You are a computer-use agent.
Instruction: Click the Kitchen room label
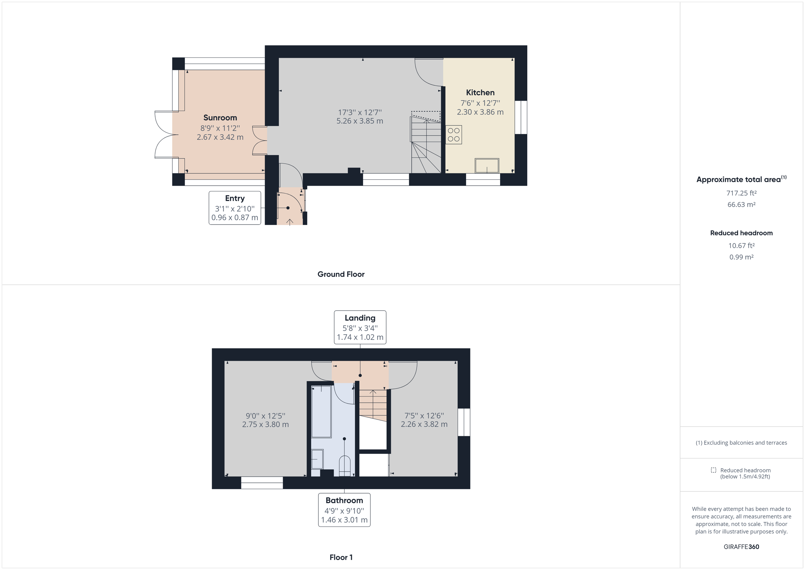tap(480, 93)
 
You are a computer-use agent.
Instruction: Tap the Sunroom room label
tap(220, 117)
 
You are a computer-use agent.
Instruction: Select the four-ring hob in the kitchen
tap(454, 135)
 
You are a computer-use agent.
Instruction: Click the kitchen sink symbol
tap(487, 166)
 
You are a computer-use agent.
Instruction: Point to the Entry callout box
tap(234, 208)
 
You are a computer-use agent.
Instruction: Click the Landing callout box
tap(360, 327)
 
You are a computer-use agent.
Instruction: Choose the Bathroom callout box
tap(344, 510)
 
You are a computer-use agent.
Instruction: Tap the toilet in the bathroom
tap(344, 466)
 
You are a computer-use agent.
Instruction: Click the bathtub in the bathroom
tap(321, 411)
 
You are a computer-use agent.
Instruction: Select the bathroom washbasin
tap(317, 459)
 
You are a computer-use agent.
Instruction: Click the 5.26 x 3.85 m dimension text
tap(359, 121)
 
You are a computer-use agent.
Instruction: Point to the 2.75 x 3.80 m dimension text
tap(265, 424)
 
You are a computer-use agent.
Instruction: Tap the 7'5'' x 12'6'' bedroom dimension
tap(424, 416)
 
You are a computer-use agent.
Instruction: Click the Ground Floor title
tap(341, 274)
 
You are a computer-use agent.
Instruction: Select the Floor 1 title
tap(341, 557)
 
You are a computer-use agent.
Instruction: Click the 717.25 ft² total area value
tap(741, 193)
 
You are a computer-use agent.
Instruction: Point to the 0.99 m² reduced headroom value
tap(741, 257)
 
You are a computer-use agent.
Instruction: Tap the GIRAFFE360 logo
tap(741, 547)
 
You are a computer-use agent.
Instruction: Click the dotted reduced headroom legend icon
tap(713, 470)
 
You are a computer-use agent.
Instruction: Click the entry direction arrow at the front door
tap(289, 222)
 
